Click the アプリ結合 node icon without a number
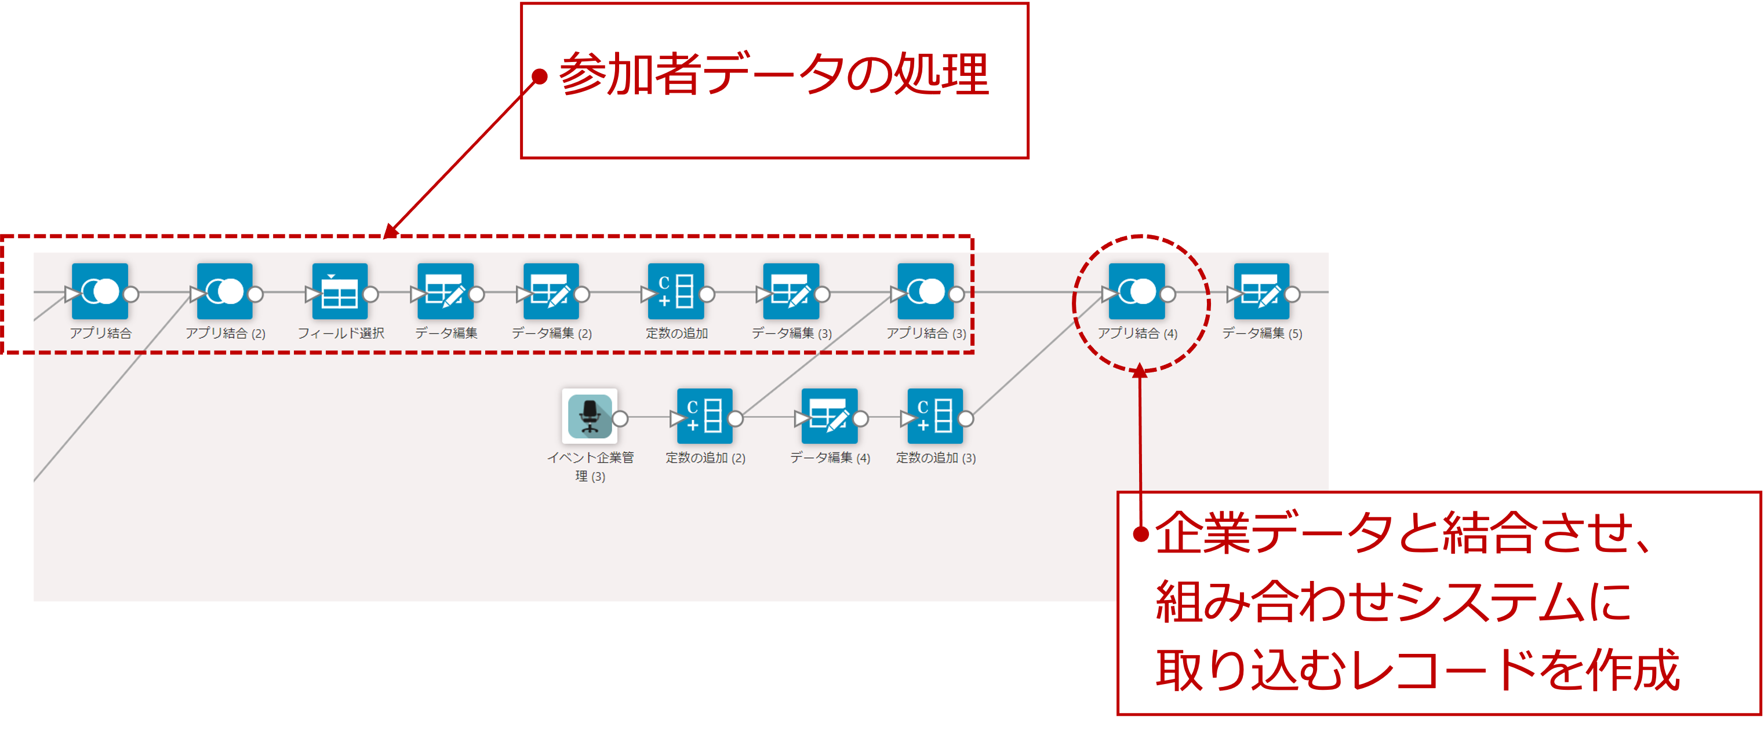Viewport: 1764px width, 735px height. [100, 291]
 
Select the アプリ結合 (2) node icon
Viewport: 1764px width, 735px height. [224, 291]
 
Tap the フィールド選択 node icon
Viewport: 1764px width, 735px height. [340, 291]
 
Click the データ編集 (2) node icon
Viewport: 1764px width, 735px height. [551, 291]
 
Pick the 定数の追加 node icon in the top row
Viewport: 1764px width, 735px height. [676, 291]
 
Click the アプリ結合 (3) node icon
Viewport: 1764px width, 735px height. [925, 291]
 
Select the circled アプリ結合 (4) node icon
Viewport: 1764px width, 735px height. [1136, 291]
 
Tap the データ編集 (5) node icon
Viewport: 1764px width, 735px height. [1261, 291]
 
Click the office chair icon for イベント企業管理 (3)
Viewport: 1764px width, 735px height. [590, 416]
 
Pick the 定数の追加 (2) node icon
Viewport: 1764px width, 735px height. [705, 416]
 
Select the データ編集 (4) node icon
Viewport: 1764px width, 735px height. [830, 416]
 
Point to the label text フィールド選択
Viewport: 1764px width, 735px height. [340, 333]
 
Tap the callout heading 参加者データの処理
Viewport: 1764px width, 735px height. [774, 74]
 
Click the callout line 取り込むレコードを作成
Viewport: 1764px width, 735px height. [1417, 670]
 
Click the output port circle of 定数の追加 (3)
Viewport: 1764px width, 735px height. [966, 418]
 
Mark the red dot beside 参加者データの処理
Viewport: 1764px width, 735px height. [540, 76]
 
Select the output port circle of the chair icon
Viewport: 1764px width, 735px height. [620, 418]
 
